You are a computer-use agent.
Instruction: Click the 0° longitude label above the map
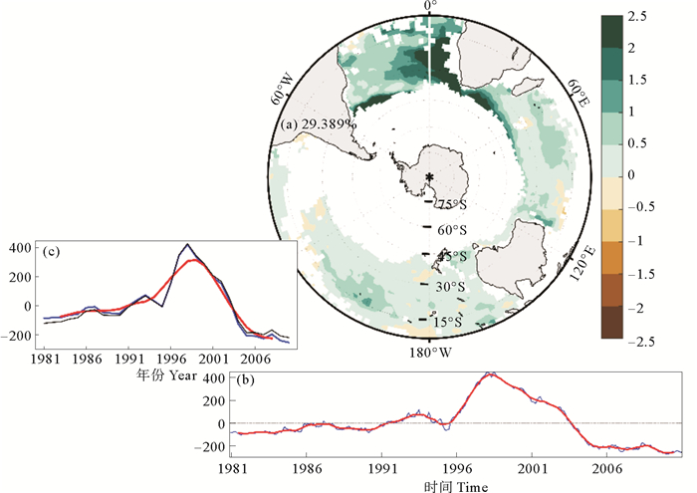pos(430,7)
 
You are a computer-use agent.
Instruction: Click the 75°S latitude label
pos(452,205)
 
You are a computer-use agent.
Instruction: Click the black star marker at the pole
pos(429,177)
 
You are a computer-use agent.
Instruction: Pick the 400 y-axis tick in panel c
pos(21,247)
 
